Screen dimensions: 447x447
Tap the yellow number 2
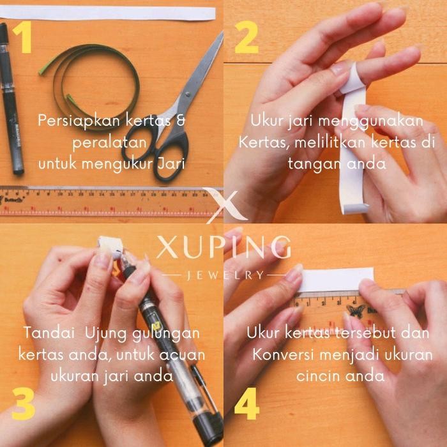[x=246, y=38]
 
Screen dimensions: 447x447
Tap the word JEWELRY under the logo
[x=223, y=275]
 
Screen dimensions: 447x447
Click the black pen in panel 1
[x=11, y=96]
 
